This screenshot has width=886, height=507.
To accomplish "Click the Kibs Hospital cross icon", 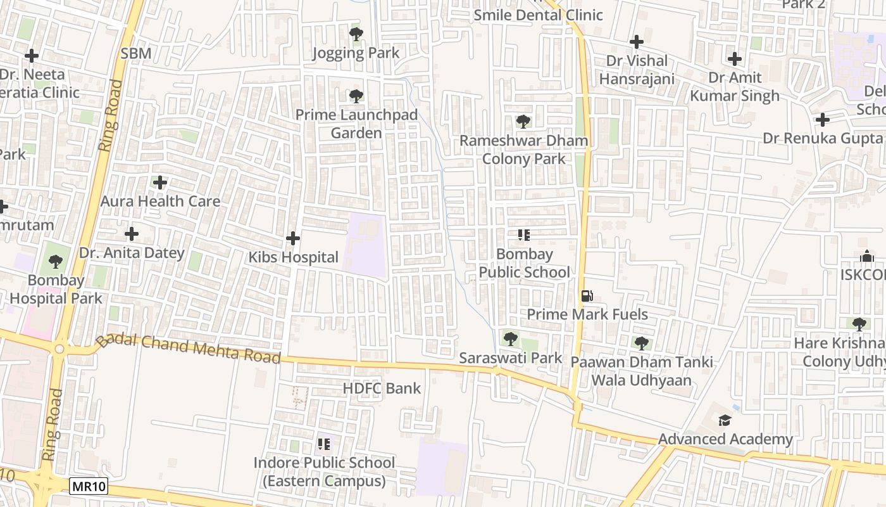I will (x=292, y=238).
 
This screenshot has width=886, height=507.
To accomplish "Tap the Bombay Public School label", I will (x=524, y=263).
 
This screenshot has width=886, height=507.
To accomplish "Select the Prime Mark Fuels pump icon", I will (x=587, y=295).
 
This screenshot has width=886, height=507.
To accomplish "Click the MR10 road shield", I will (x=89, y=487).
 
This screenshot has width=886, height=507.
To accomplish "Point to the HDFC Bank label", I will (x=382, y=388).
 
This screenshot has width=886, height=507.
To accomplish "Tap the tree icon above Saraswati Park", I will (x=510, y=338).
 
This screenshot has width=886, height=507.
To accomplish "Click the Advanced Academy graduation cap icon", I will (x=725, y=420).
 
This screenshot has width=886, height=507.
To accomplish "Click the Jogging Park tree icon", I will (x=356, y=34).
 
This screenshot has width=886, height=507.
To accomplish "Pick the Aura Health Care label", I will (x=160, y=202).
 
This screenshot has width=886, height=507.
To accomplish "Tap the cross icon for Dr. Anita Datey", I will (x=132, y=234).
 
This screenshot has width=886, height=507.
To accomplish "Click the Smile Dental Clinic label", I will (x=538, y=15).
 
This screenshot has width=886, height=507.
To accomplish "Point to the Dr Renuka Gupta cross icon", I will (x=822, y=119).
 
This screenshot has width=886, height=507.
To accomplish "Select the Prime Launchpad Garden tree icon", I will (x=356, y=96).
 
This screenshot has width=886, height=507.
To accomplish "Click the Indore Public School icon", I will (x=324, y=444).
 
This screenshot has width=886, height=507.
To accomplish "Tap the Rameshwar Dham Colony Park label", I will (x=524, y=150).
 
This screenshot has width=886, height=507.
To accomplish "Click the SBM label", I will (x=136, y=53).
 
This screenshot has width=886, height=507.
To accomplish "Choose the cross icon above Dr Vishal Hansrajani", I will (x=637, y=42).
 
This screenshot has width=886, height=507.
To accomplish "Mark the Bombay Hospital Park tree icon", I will (x=56, y=261).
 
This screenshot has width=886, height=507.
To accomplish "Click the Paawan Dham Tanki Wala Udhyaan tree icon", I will (x=642, y=343).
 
